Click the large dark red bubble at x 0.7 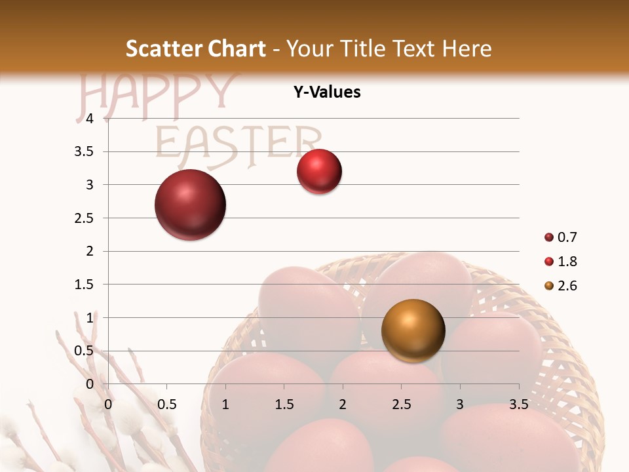pos(191,205)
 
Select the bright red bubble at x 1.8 pos(319,172)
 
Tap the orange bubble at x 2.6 pos(413,330)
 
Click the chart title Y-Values pos(327,92)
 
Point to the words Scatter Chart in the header pos(196,49)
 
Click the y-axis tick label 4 pos(90,119)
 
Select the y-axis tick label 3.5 pos(85,151)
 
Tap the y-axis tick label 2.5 pos(85,218)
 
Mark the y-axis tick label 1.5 pos(85,285)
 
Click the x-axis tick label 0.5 pos(166,404)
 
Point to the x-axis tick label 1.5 pos(284,404)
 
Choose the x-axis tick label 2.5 pos(401,404)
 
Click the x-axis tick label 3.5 pos(518,404)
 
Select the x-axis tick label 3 pos(460,404)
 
